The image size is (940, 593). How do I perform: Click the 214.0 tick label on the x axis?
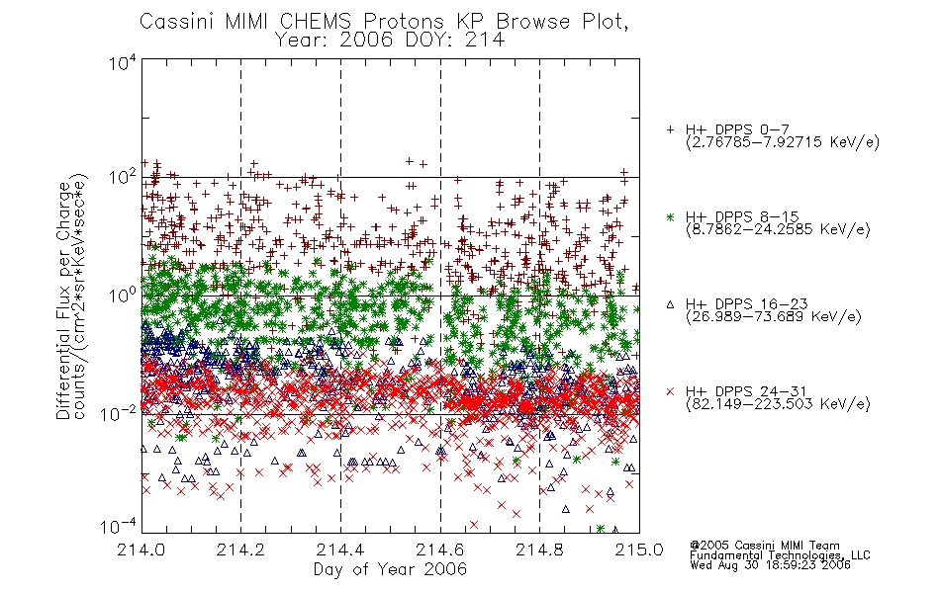pyautogui.click(x=141, y=550)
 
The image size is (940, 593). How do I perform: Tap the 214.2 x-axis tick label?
pyautogui.click(x=241, y=550)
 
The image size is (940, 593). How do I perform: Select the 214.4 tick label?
pyautogui.click(x=340, y=550)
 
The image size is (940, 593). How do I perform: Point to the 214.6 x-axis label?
pyautogui.click(x=440, y=550)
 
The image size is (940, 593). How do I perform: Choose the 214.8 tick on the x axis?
pyautogui.click(x=539, y=550)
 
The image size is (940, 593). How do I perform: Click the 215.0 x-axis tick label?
pyautogui.click(x=639, y=550)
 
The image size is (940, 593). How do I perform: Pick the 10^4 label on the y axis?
pyautogui.click(x=123, y=62)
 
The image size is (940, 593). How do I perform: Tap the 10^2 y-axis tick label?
pyautogui.click(x=123, y=177)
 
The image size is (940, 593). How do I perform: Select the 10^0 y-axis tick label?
pyautogui.click(x=123, y=296)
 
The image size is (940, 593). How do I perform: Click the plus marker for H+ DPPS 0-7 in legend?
pyautogui.click(x=670, y=129)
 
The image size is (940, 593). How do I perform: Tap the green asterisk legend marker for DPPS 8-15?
pyautogui.click(x=670, y=216)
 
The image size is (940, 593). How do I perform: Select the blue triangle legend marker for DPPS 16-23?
pyautogui.click(x=670, y=304)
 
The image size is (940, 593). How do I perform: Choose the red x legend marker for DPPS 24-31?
pyautogui.click(x=670, y=391)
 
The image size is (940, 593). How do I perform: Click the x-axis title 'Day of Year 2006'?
pyautogui.click(x=390, y=569)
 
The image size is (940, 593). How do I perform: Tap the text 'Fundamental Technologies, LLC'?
pyautogui.click(x=780, y=555)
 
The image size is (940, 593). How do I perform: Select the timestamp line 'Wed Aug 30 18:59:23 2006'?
pyautogui.click(x=771, y=565)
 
